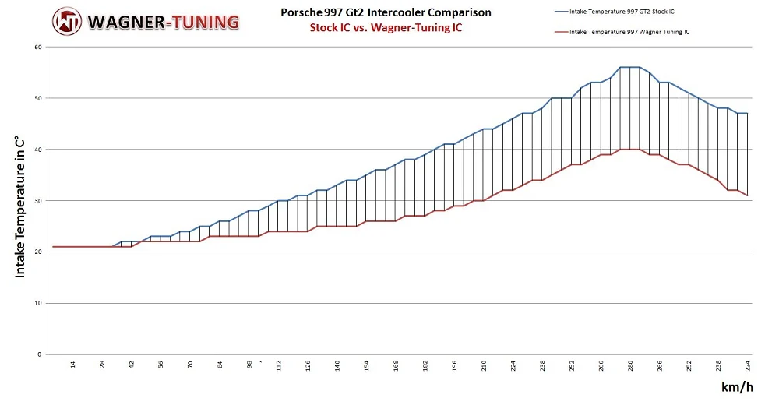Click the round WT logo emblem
[x=67, y=21]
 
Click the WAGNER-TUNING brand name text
[x=164, y=21]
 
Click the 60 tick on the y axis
[x=37, y=48]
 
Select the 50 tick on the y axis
[x=37, y=99]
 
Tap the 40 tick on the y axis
[x=37, y=150]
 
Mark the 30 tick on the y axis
[x=37, y=201]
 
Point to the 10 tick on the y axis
[x=37, y=303]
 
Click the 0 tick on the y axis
[x=39, y=354]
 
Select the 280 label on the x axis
[x=631, y=366]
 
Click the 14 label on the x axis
[x=72, y=364]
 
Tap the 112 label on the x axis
[x=278, y=366]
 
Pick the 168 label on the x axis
[x=396, y=366]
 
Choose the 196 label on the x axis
[x=454, y=366]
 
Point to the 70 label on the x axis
[x=190, y=364]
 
